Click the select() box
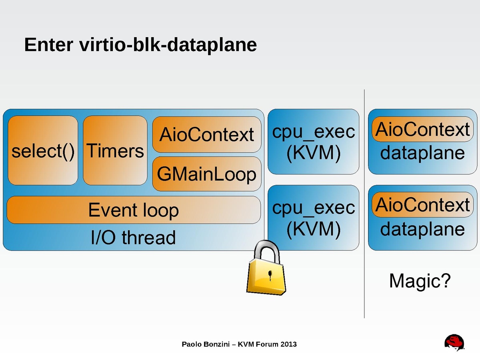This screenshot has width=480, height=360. tap(43, 151)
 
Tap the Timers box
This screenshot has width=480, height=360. tap(115, 151)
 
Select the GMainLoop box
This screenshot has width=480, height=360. tap(206, 174)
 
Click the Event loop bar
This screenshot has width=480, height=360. tap(134, 210)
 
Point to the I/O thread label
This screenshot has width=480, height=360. tap(134, 238)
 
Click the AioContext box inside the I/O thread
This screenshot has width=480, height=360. tap(206, 135)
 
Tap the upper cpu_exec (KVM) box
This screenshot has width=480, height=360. tap(313, 142)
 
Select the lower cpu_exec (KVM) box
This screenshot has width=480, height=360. tap(313, 218)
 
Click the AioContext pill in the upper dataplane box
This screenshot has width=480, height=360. tap(422, 129)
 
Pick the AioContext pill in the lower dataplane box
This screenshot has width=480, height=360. tap(422, 205)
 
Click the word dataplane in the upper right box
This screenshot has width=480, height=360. tap(422, 153)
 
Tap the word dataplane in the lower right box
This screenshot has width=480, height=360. tap(422, 229)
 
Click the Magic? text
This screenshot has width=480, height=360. tap(420, 281)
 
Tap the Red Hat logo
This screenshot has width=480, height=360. tap(454, 343)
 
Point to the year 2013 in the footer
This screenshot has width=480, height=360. tap(288, 344)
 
